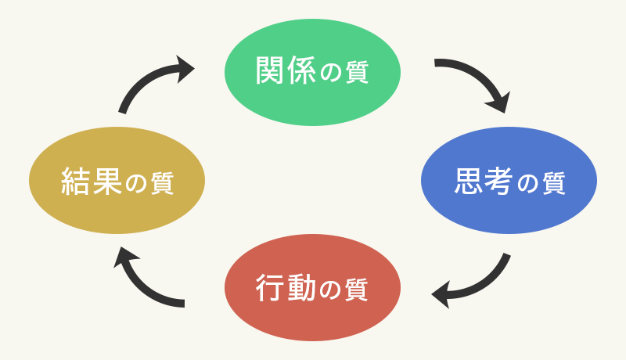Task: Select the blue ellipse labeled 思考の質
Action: click(x=509, y=181)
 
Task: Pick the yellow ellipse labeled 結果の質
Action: click(x=117, y=181)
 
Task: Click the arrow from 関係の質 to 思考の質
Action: click(x=479, y=78)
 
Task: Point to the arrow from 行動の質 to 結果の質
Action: click(x=145, y=282)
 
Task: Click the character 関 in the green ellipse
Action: click(x=270, y=71)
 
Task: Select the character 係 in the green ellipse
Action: click(x=301, y=71)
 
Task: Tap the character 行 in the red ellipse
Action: click(x=271, y=289)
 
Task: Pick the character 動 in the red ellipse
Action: click(x=301, y=289)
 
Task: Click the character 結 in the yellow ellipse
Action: click(x=76, y=182)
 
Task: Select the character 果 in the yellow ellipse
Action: click(x=107, y=182)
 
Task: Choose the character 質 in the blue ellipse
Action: click(x=552, y=184)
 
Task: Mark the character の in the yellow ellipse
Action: click(x=135, y=184)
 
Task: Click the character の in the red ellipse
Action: click(x=329, y=290)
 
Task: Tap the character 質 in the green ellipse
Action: click(x=357, y=73)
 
